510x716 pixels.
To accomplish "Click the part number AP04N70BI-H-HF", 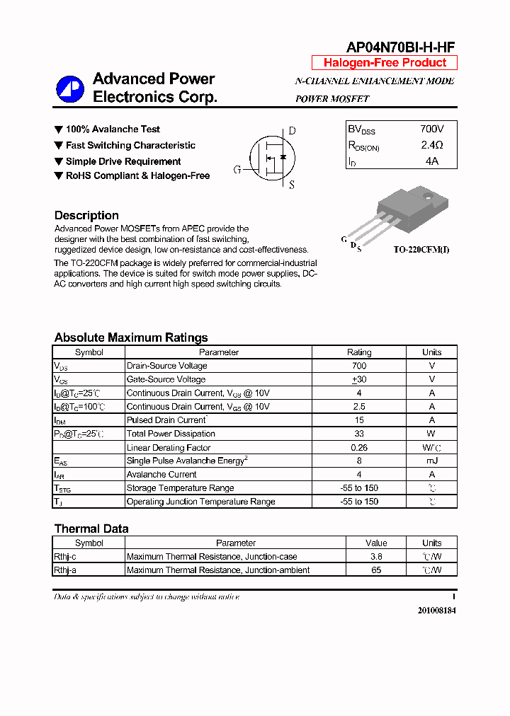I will point(400,47).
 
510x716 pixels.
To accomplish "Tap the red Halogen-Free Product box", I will point(385,62).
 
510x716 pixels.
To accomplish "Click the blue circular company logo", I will point(70,88).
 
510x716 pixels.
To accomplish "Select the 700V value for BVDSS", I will point(431,129).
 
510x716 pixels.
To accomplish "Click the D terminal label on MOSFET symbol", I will point(292,131).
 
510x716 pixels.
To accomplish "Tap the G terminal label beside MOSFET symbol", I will point(237,170).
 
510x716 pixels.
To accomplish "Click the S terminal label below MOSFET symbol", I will point(291,185).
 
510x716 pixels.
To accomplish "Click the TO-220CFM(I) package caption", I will point(421,250).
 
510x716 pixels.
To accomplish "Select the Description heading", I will point(86,215).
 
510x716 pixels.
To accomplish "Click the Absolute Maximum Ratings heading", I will point(131,337).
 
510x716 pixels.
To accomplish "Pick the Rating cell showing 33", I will point(358,434).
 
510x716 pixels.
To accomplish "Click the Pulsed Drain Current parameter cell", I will point(166,420).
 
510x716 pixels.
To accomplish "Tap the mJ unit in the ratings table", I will point(431,461).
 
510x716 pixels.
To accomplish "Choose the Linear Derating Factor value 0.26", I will point(358,447).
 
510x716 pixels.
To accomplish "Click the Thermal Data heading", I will point(91,529).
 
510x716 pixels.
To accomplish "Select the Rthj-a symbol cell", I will point(65,570).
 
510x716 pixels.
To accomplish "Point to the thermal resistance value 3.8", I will point(376,557).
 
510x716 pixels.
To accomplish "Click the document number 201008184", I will point(432,610).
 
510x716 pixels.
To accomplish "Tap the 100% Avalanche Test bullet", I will point(112,129).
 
